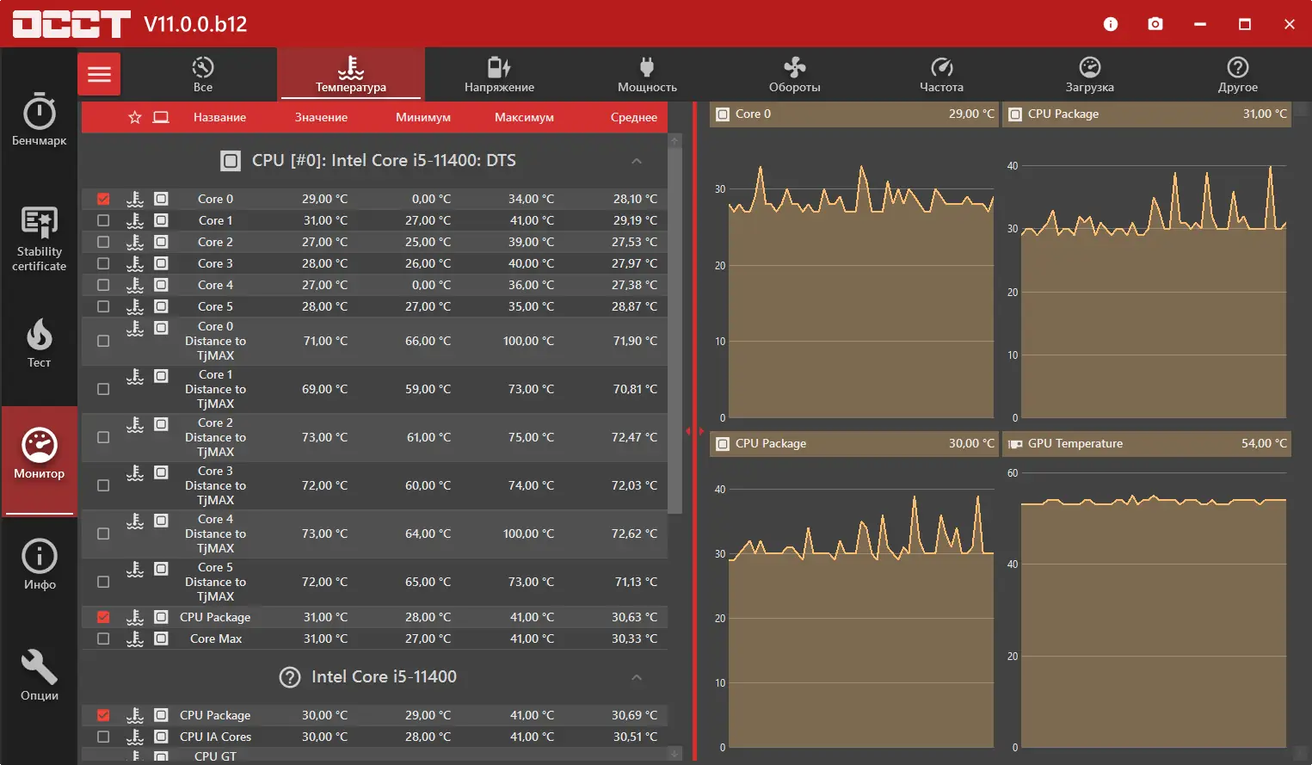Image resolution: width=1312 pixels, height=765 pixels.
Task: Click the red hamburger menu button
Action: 99,74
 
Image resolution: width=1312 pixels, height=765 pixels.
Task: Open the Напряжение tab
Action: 499,74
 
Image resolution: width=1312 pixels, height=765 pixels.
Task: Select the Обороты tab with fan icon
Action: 794,74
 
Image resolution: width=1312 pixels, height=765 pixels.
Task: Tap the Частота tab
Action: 941,74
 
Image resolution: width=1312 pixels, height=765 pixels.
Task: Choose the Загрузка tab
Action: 1089,74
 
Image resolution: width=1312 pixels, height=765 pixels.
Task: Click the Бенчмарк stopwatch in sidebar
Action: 40,119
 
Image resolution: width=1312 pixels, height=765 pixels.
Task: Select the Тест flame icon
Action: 40,342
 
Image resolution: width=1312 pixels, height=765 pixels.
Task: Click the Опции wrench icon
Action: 40,675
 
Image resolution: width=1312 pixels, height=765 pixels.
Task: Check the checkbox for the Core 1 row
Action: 103,220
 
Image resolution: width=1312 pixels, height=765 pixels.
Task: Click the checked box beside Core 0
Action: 103,199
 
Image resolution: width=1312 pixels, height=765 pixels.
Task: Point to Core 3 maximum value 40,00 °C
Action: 531,263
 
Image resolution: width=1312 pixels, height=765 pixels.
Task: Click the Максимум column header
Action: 524,117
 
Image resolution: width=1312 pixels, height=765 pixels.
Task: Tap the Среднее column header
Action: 633,117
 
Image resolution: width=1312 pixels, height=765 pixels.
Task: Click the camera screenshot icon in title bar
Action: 1155,24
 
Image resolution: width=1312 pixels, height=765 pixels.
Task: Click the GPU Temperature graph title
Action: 1075,443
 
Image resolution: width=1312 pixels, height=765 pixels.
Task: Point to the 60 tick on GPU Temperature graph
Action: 1013,473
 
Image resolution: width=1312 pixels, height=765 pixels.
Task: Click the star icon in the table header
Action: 135,117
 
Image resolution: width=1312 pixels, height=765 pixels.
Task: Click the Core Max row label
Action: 216,639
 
